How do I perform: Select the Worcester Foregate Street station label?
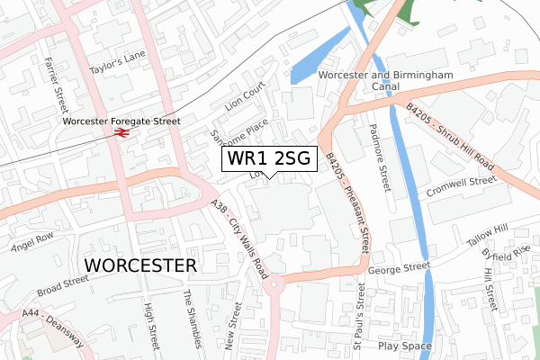(121, 120)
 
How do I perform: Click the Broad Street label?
(63, 286)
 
